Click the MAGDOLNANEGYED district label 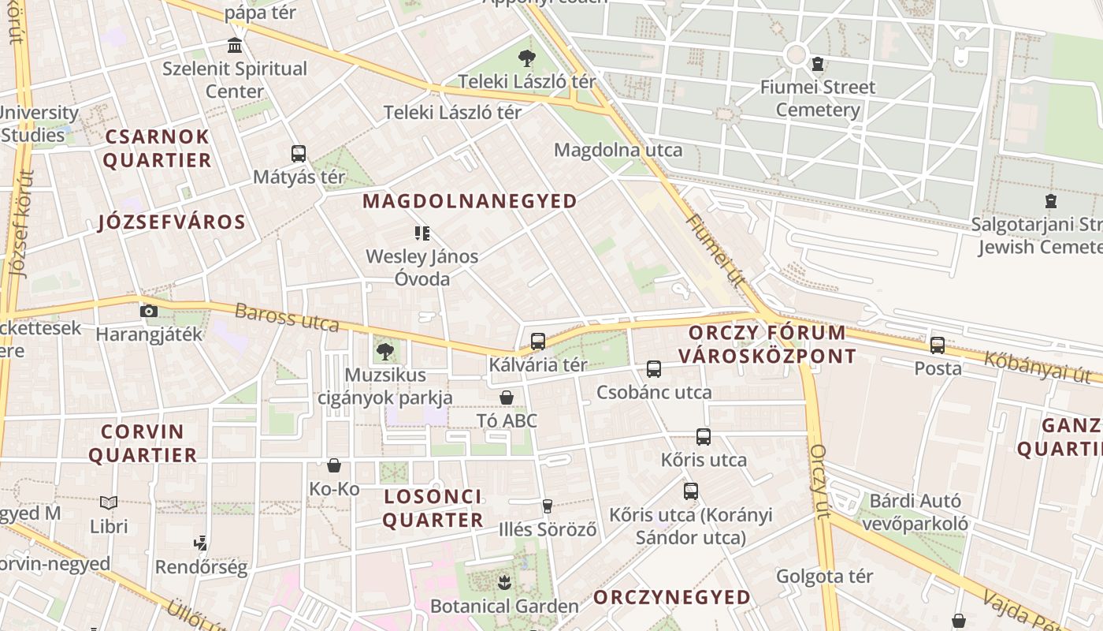470,201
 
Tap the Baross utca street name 287,317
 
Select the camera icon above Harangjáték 148,311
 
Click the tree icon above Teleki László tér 527,58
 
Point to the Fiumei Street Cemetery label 818,99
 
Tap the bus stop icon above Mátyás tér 298,154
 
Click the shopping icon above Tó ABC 507,398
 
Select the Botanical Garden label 504,607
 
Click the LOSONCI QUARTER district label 433,509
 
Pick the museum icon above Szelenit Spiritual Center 234,45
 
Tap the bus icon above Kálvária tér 538,342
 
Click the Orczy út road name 820,481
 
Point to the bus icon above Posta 938,345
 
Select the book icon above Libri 109,502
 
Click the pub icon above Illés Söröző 548,506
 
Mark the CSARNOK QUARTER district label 157,148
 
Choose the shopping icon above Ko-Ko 334,466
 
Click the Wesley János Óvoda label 422,267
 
